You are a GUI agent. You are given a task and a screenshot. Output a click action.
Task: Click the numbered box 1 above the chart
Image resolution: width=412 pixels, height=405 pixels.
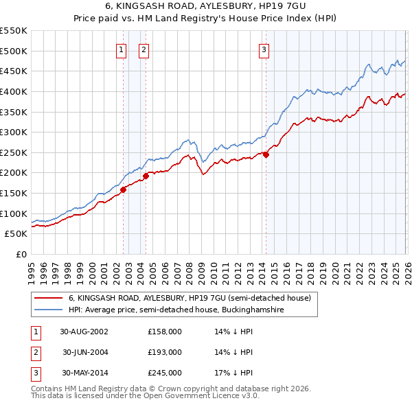[x=122, y=49]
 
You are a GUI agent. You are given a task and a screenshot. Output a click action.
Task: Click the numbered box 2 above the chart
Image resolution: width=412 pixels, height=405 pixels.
[x=144, y=49]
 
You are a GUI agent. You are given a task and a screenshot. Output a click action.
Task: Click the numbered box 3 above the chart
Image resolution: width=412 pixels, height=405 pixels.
[x=264, y=49]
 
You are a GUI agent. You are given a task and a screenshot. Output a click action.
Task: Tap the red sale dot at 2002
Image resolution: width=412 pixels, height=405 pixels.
[x=124, y=190]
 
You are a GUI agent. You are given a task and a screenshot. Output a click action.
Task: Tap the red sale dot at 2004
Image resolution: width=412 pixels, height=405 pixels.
[x=146, y=176]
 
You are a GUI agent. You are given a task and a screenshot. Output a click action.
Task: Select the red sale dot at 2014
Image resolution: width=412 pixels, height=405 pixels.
[x=266, y=154]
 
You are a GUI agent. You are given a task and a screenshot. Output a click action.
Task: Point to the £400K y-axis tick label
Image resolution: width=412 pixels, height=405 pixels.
[x=13, y=91]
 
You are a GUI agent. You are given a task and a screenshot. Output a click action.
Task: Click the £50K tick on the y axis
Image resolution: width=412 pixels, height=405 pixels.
[x=16, y=234]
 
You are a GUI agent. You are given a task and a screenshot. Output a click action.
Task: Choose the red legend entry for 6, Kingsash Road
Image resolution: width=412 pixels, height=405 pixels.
[x=190, y=298]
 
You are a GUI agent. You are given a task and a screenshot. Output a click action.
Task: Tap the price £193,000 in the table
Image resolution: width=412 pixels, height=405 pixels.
[x=165, y=352]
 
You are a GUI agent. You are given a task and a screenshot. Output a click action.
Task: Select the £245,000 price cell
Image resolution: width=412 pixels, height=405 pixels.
[x=165, y=373]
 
